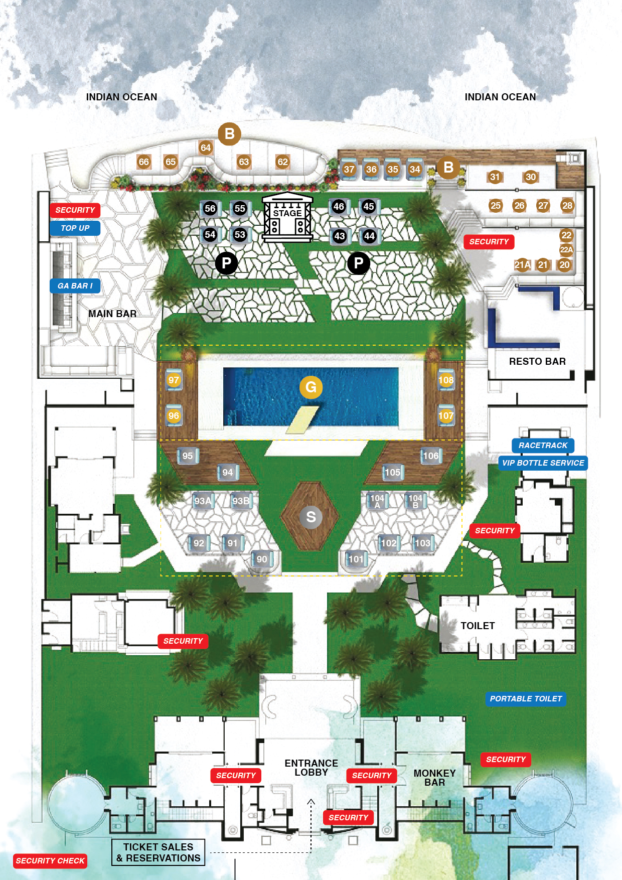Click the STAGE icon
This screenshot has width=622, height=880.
pos(287,217)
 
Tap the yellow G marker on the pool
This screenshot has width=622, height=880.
pos(311,387)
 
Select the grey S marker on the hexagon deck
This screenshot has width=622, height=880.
pos(311,517)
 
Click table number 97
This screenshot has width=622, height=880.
pos(174,380)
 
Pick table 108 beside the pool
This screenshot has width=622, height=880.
pos(446,380)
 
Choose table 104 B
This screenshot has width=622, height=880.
pos(415,501)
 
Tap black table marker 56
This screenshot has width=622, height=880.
pos(210,209)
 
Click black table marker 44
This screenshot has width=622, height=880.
pos(370,236)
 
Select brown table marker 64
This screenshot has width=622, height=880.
pos(206,148)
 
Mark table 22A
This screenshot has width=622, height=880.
pos(566,249)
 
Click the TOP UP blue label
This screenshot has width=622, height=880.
pos(75,228)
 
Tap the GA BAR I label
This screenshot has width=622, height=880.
pos(75,286)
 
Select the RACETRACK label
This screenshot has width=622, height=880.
pos(543,446)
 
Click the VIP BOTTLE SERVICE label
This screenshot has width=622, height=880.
pos(543,463)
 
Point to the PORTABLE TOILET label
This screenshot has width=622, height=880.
pos(526,699)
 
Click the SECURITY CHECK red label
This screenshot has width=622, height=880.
pos(50,861)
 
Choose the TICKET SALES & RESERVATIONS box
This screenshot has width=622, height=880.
pos(159,852)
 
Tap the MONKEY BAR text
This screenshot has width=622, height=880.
pos(434,778)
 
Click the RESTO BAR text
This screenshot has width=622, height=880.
pos(537,362)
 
